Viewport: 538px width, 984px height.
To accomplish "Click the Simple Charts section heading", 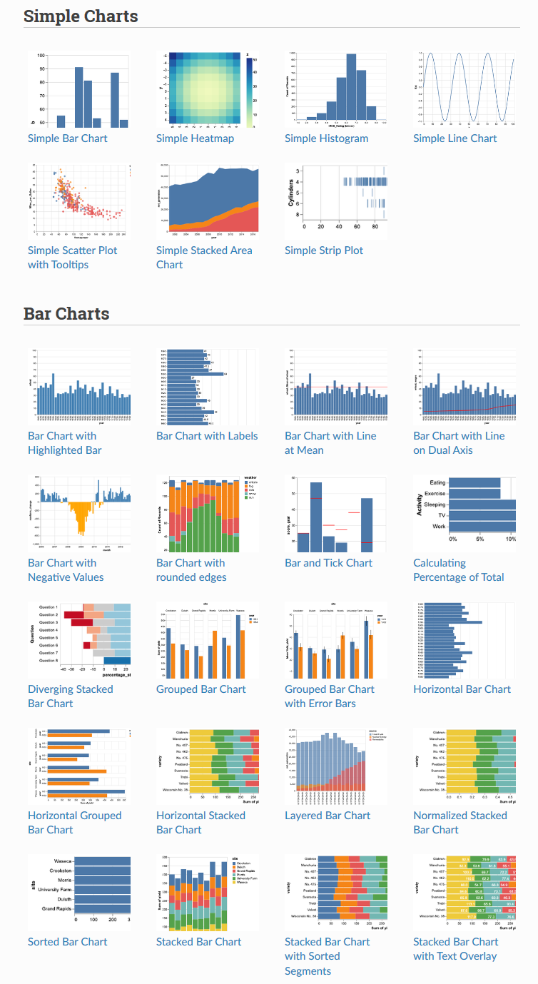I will click(81, 16).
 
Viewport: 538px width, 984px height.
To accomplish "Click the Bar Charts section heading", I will click(66, 313).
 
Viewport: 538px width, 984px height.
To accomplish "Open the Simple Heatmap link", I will click(195, 138).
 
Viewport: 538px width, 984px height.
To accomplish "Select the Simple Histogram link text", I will click(326, 138).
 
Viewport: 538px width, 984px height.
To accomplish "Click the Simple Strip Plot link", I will click(323, 250).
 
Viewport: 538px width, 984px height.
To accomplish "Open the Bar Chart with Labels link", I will click(207, 436).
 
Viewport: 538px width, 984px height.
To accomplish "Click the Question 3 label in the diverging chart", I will click(48, 622).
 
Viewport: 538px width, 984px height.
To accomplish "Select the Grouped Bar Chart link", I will click(201, 689).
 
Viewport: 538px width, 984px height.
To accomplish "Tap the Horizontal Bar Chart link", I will click(462, 689).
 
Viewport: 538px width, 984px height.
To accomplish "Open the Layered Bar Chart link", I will click(328, 816).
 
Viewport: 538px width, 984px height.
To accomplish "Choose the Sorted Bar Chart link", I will click(67, 942).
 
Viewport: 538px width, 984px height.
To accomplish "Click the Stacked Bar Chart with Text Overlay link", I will click(455, 949).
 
